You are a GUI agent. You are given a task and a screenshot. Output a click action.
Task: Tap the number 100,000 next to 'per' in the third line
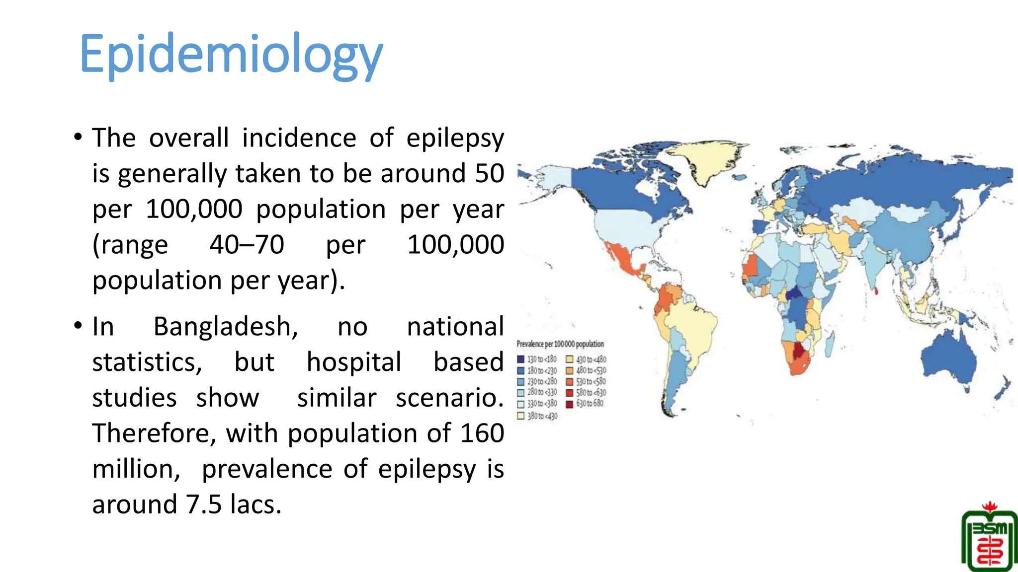click(x=194, y=209)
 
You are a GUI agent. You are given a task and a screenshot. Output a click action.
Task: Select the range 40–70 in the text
click(x=247, y=245)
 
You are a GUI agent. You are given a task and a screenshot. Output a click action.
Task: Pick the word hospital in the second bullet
click(x=353, y=362)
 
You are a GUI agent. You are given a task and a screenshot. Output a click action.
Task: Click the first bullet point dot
click(x=78, y=137)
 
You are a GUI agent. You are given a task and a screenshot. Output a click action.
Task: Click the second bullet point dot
click(x=78, y=326)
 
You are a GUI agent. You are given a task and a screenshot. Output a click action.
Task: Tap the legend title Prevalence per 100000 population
click(x=560, y=344)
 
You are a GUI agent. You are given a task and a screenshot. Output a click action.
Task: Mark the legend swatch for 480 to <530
click(x=570, y=370)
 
